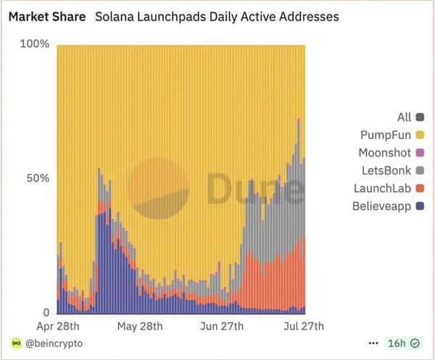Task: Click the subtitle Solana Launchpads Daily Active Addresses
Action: coord(217,15)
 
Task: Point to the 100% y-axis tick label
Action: coord(34,44)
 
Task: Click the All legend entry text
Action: coord(404,117)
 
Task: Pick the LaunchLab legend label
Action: coord(382,188)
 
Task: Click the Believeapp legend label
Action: coord(381,206)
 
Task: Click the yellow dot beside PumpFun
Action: coord(420,135)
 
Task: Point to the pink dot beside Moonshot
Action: coord(420,153)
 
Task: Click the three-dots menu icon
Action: coord(373,343)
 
